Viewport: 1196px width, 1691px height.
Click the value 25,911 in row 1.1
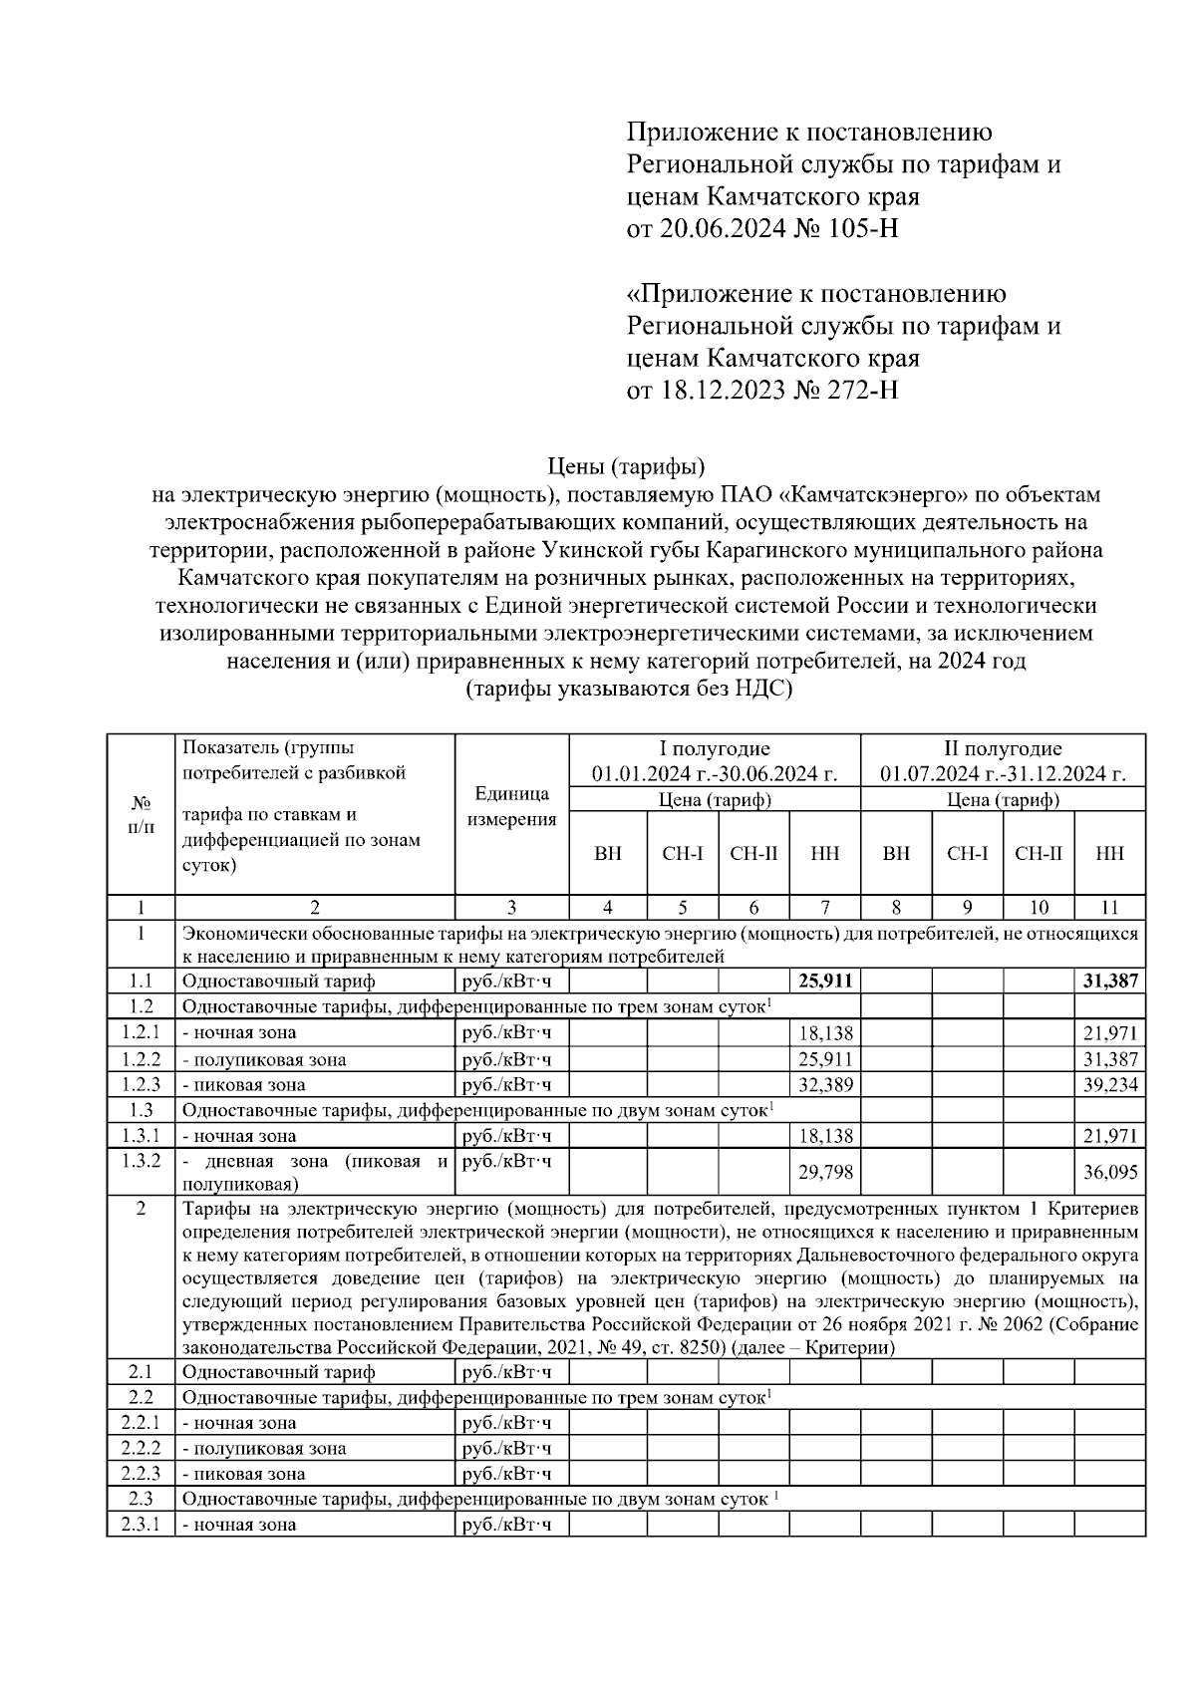[x=825, y=982]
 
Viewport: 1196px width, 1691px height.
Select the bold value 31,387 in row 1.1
[x=1110, y=982]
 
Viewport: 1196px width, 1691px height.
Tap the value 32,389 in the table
[x=826, y=1085]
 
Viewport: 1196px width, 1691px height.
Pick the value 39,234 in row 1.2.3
[x=1110, y=1085]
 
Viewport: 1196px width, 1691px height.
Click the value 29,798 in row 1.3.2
[x=826, y=1173]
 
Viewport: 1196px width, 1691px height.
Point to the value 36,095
[x=1110, y=1173]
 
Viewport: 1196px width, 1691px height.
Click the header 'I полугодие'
[x=714, y=749]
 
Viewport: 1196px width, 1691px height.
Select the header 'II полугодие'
[x=1003, y=749]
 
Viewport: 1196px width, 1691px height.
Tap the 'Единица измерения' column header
[x=511, y=807]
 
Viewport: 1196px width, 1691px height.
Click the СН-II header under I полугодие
[x=753, y=854]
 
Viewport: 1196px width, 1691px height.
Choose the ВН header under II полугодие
[x=896, y=854]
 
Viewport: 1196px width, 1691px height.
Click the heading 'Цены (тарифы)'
[x=627, y=466]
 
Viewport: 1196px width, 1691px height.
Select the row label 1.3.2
[x=141, y=1160]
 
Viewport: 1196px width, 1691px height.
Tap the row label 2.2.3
[x=141, y=1474]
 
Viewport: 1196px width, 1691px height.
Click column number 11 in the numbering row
[x=1109, y=908]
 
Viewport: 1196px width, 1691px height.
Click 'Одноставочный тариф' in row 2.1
[x=279, y=1373]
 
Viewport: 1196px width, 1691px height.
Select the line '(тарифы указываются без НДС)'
[x=628, y=690]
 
